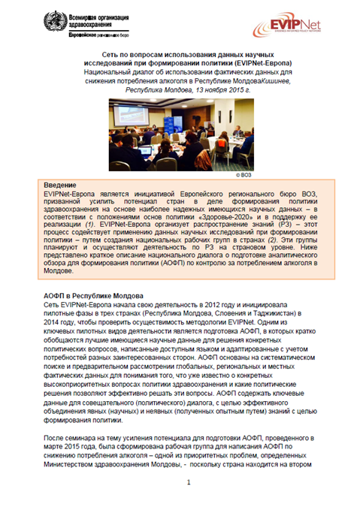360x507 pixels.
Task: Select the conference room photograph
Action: tap(180, 133)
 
